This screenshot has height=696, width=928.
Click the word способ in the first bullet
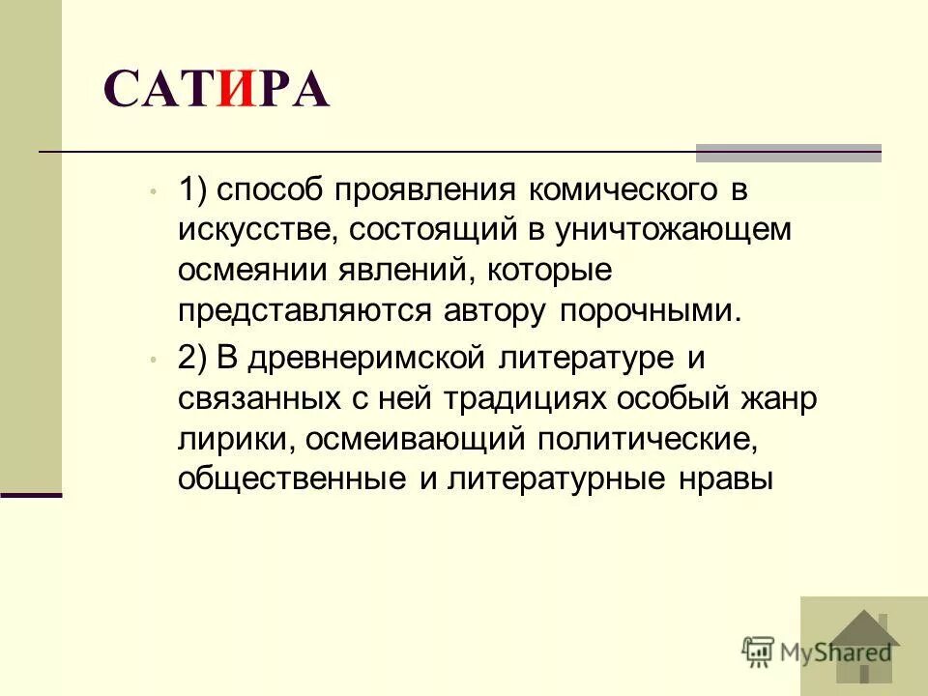pyautogui.click(x=271, y=189)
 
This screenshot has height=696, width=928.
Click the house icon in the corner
pyautogui.click(x=864, y=646)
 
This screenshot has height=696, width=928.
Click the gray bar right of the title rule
pyautogui.click(x=789, y=152)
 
